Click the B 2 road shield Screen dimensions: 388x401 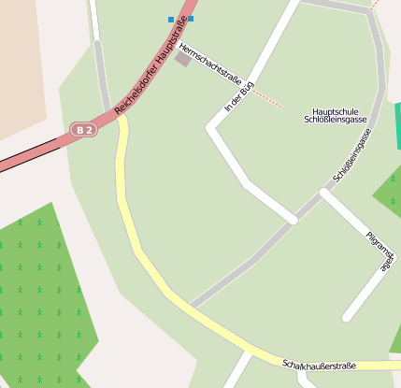[84, 129]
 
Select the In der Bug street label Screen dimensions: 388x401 [239, 100]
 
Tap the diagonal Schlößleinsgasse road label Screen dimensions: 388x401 [353, 155]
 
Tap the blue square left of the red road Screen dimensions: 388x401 [171, 19]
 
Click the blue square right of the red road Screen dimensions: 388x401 [191, 19]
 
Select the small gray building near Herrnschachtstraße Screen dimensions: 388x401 [182, 60]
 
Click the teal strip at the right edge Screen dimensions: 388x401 [397, 126]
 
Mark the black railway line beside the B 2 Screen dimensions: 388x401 [28, 160]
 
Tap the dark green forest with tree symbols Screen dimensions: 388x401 [42, 290]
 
